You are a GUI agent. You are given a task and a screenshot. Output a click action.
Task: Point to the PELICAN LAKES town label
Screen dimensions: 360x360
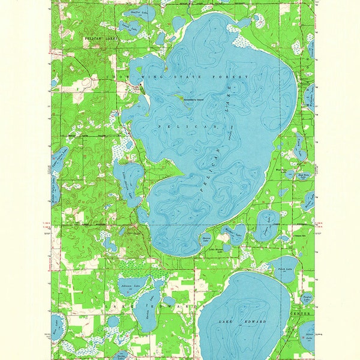(97, 37)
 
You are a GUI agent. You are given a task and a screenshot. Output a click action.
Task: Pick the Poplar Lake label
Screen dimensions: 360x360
(306, 298)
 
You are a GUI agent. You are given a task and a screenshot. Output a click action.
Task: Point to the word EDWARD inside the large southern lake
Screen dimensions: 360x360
(256, 322)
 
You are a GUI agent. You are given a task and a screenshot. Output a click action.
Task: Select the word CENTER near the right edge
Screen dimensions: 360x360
(301, 314)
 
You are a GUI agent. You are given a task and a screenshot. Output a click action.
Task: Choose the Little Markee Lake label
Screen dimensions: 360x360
(214, 250)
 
